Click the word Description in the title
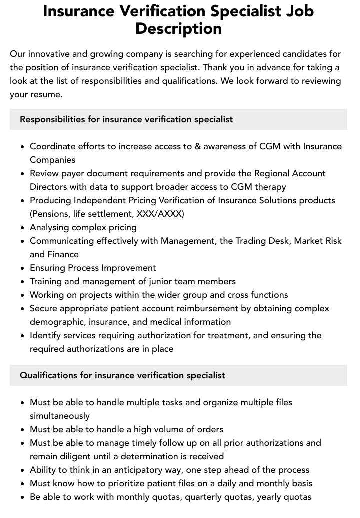point(178,28)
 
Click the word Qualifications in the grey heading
point(48,375)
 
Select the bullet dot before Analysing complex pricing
point(22,228)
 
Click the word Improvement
point(129,268)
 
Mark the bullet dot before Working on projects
point(22,295)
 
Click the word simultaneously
point(60,416)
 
